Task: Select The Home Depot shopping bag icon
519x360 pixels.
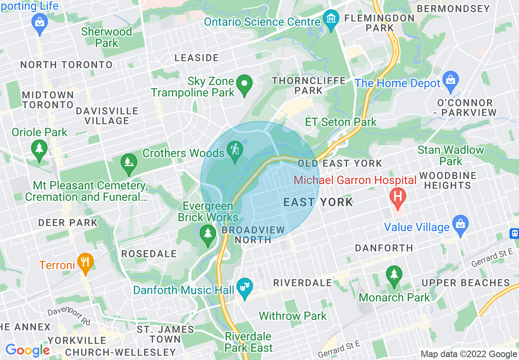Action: pos(451,79)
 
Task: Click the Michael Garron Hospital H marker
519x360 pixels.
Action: pos(397,196)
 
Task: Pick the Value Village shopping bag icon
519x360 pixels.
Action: pos(460,225)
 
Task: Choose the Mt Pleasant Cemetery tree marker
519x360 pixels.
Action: pos(129,162)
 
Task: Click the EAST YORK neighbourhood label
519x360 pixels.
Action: pos(318,202)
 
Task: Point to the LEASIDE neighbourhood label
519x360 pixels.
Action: pos(196,58)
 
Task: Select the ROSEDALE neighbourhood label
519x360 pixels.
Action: pos(149,254)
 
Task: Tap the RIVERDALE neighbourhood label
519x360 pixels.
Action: pos(302,283)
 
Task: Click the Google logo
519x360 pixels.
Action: pos(27,350)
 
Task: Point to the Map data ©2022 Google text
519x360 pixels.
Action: pos(469,354)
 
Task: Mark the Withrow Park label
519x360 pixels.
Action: pos(293,316)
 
